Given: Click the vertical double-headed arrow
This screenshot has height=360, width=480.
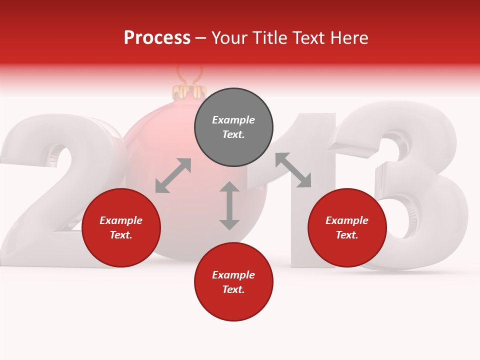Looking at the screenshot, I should click(229, 205).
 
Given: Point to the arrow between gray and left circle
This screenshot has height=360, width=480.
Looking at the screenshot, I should click(173, 175).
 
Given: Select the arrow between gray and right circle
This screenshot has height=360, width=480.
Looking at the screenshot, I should click(293, 170).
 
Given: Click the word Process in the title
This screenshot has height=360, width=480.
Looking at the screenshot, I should click(157, 38).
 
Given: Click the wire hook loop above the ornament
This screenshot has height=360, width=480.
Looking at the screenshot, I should click(189, 74).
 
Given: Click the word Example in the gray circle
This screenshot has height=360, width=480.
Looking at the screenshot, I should click(233, 120).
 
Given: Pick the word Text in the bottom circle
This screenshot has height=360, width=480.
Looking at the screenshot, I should click(233, 289).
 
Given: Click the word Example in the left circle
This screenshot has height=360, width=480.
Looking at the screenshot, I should click(121, 220).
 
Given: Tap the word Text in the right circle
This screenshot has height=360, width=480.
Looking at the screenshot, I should click(347, 235).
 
